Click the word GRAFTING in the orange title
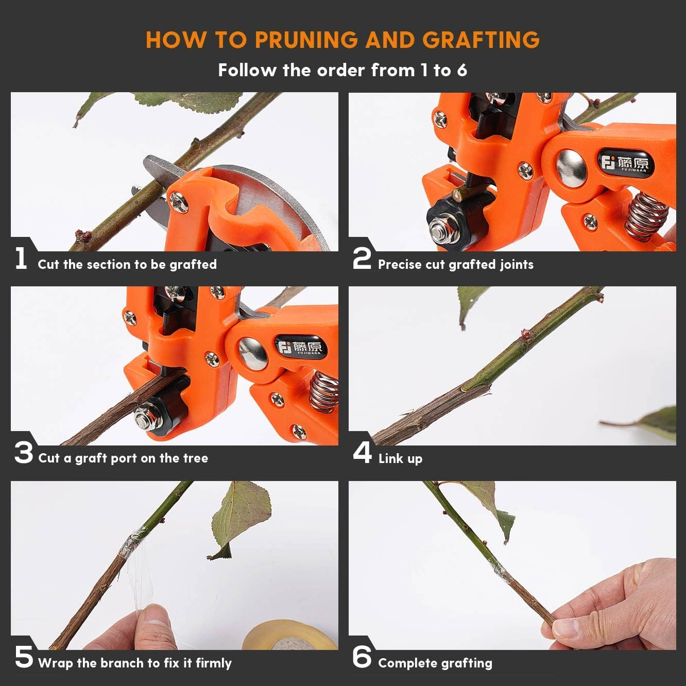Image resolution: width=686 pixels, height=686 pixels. (481, 40)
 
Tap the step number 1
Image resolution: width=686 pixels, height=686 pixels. (21, 259)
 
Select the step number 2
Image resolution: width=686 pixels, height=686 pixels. (362, 259)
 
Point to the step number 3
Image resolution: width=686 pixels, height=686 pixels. (24, 453)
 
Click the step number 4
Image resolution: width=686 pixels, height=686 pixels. (363, 453)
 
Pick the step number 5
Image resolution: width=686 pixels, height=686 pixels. (24, 658)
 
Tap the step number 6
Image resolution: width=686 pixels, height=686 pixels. (362, 658)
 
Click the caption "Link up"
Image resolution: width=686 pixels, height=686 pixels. (400, 458)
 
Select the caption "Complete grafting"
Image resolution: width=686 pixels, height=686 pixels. (435, 663)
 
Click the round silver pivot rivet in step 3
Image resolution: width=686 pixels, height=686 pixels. (253, 354)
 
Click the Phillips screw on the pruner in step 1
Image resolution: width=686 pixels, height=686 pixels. (180, 202)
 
